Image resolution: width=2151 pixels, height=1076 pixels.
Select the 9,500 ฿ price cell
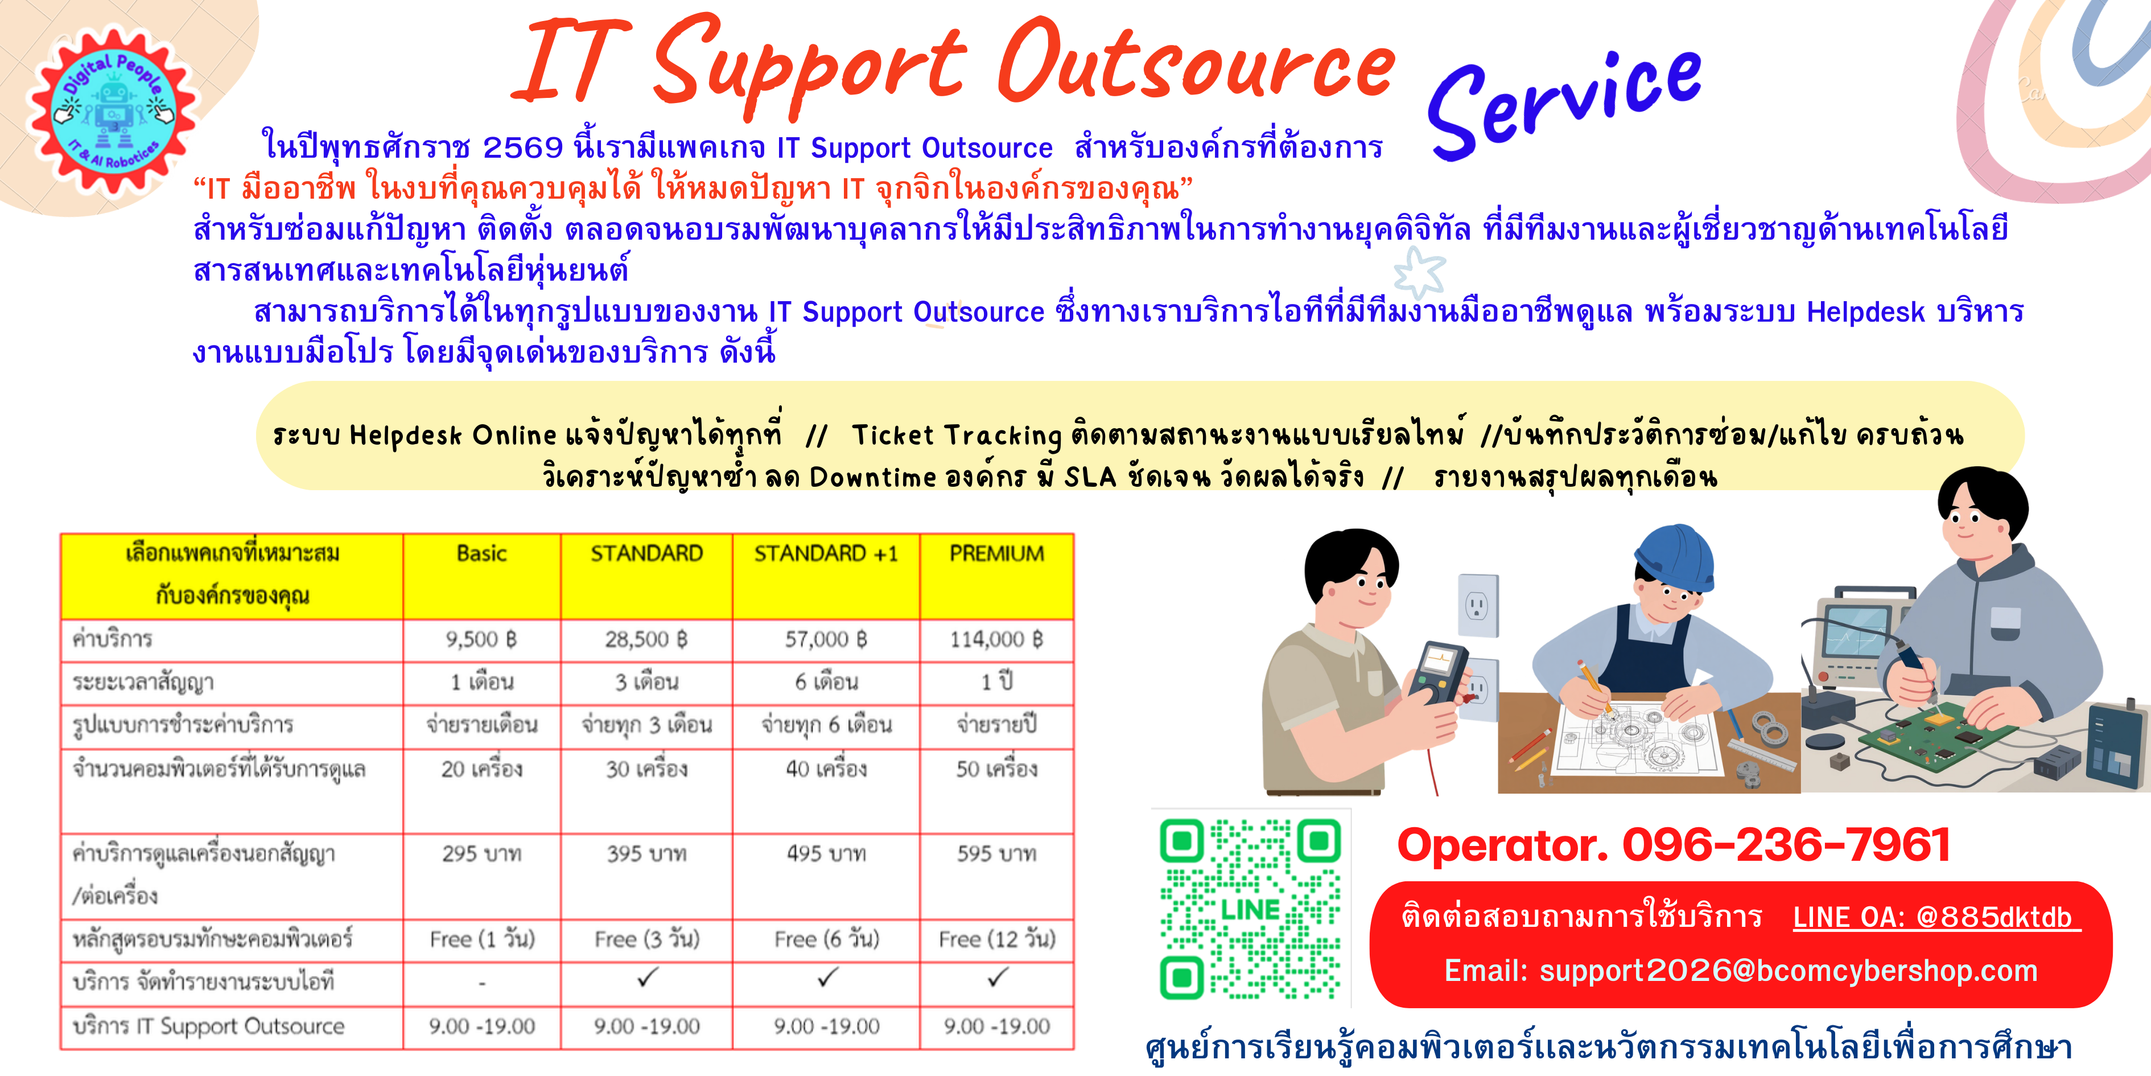(x=482, y=640)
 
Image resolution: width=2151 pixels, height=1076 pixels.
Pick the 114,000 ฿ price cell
(x=996, y=640)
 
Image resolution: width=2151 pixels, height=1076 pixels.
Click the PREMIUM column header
(x=996, y=555)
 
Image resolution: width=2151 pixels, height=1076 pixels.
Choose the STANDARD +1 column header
(x=826, y=555)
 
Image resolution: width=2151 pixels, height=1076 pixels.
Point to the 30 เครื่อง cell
(x=646, y=769)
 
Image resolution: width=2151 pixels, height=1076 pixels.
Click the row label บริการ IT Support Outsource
(x=209, y=1026)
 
